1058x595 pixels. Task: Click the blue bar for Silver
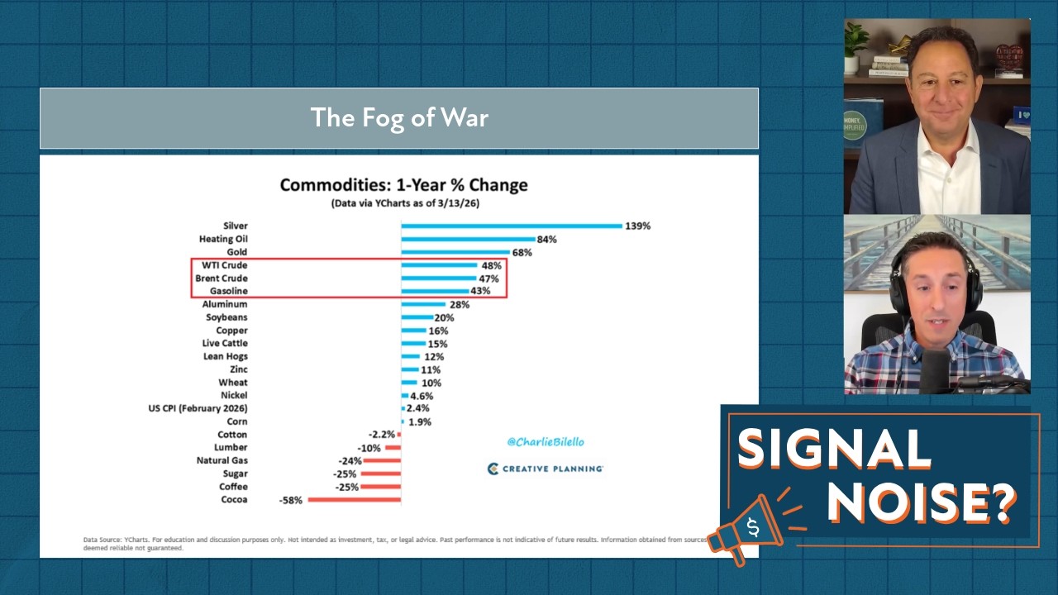click(511, 226)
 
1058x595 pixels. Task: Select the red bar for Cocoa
click(354, 500)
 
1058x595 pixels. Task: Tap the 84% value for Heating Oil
click(546, 239)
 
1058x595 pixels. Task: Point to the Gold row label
click(236, 252)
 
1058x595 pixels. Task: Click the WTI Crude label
click(224, 265)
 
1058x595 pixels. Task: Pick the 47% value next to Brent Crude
click(488, 278)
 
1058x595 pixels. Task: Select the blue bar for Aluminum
click(423, 304)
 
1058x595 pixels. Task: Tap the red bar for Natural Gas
click(382, 460)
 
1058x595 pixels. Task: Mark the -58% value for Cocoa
click(292, 500)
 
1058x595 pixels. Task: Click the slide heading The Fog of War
click(399, 117)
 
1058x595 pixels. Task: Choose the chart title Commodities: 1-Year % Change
click(403, 184)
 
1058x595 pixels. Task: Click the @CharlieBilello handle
click(545, 442)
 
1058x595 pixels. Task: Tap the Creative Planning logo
click(546, 469)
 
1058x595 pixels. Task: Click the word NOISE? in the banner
click(921, 499)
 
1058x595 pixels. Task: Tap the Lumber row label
click(231, 447)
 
